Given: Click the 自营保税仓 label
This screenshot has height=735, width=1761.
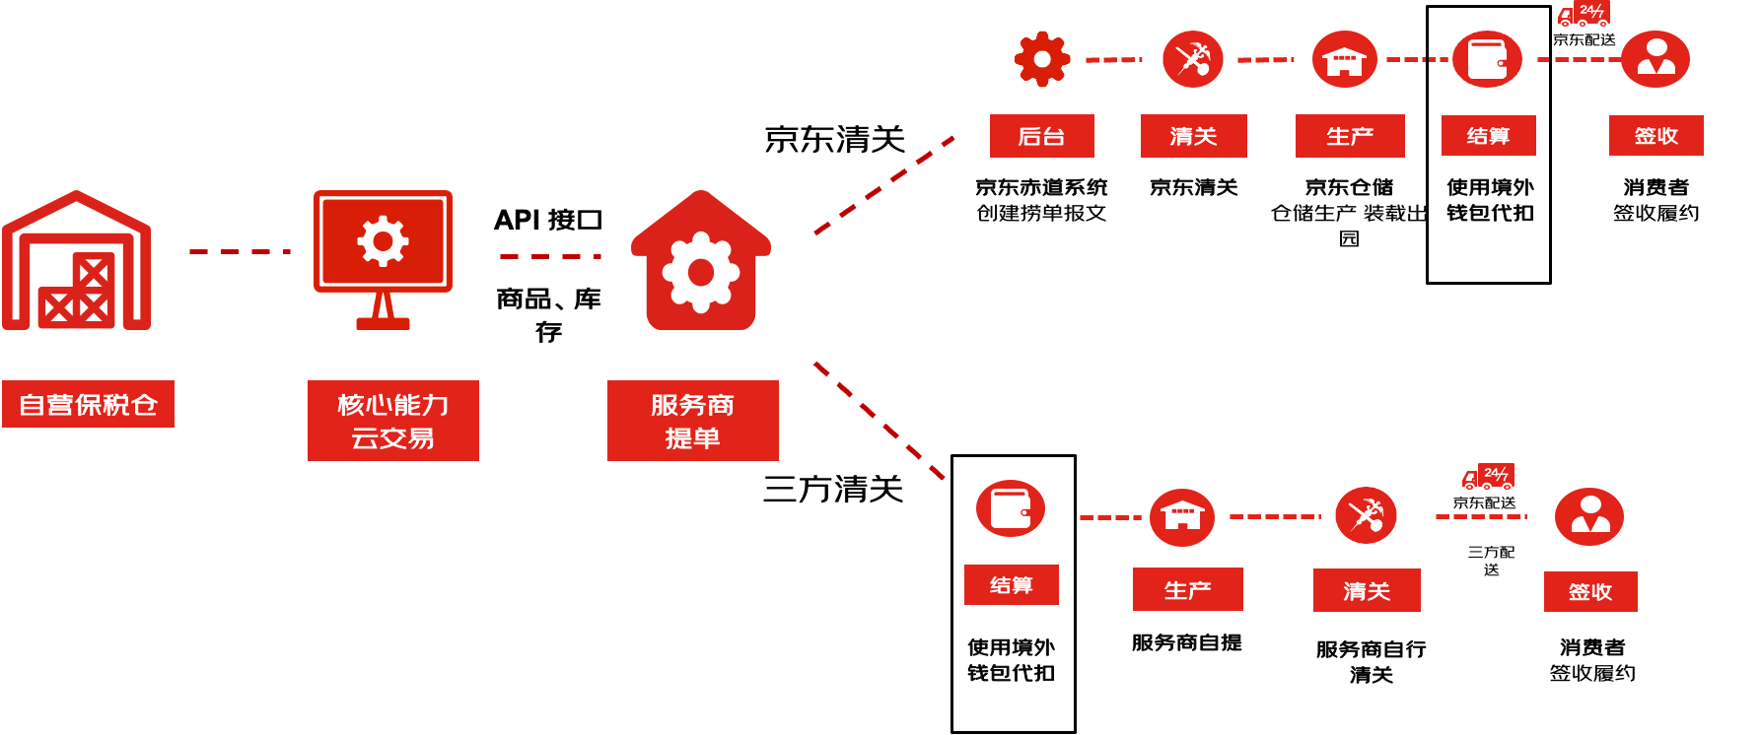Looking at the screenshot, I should point(88,404).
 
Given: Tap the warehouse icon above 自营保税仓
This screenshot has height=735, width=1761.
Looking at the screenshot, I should point(77,262).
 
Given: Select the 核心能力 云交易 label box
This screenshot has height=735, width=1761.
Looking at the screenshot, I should point(392,421).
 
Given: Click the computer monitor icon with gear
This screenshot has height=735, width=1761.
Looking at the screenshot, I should point(383,258).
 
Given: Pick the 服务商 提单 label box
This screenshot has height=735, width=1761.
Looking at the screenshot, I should point(692,421).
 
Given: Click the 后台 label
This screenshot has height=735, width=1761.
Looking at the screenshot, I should point(1041,136).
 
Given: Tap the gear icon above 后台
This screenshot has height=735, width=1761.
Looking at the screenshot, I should point(1041,59).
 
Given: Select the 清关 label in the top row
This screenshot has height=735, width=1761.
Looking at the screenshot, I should point(1193,136).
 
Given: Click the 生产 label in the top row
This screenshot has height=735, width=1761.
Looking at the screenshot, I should point(1349,136).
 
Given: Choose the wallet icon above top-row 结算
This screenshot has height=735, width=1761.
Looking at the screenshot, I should point(1487,59).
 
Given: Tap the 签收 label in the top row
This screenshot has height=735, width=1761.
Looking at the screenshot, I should point(1655,136).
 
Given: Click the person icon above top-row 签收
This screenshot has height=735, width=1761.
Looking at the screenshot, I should point(1655,59).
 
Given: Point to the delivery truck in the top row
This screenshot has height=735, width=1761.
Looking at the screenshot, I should point(1584,14).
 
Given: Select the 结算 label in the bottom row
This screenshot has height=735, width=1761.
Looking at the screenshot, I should point(1011,585).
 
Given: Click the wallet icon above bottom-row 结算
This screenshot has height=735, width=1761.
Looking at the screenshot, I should point(1011,508).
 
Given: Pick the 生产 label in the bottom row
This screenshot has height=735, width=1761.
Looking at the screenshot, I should point(1187,589).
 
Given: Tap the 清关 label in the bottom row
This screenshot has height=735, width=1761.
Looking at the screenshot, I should point(1367,590).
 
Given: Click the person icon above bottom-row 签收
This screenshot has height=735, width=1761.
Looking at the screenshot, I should point(1589,516).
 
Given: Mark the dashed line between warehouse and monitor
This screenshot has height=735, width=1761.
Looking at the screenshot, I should point(240,252).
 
